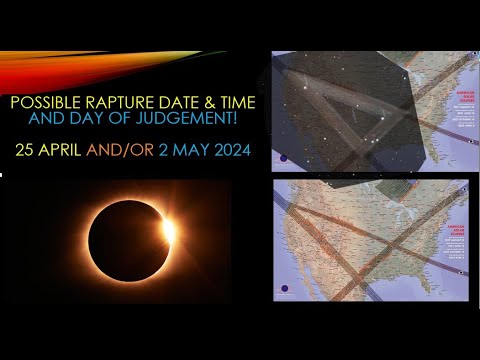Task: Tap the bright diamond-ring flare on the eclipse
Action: click(167, 230)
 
